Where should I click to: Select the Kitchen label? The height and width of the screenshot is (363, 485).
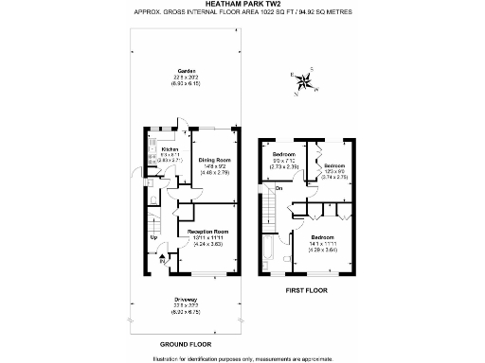(171, 149)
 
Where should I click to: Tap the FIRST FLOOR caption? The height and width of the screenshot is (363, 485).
(307, 290)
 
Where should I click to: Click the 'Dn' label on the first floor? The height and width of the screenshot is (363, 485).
(279, 188)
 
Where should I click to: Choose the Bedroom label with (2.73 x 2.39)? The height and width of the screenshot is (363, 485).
(284, 154)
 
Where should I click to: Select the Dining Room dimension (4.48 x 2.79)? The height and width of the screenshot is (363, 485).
(213, 172)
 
